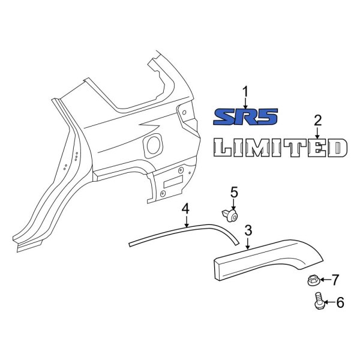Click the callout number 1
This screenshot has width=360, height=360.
pyautogui.click(x=245, y=91)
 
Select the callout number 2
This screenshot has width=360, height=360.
pyautogui.click(x=318, y=120)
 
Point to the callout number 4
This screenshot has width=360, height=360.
pyautogui.click(x=186, y=208)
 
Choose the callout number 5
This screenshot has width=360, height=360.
pyautogui.click(x=234, y=192)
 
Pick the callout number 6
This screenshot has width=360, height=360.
pyautogui.click(x=340, y=303)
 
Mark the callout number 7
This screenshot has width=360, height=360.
pyautogui.click(x=335, y=279)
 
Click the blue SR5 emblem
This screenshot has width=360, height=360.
pyautogui.click(x=246, y=116)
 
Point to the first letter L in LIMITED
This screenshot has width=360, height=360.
pyautogui.click(x=226, y=148)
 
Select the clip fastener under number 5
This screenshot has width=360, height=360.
pyautogui.click(x=229, y=214)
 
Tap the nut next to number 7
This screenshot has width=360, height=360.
pyautogui.click(x=312, y=279)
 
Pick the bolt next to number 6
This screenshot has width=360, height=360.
pyautogui.click(x=319, y=301)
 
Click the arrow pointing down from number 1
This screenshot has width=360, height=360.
pyautogui.click(x=245, y=102)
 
